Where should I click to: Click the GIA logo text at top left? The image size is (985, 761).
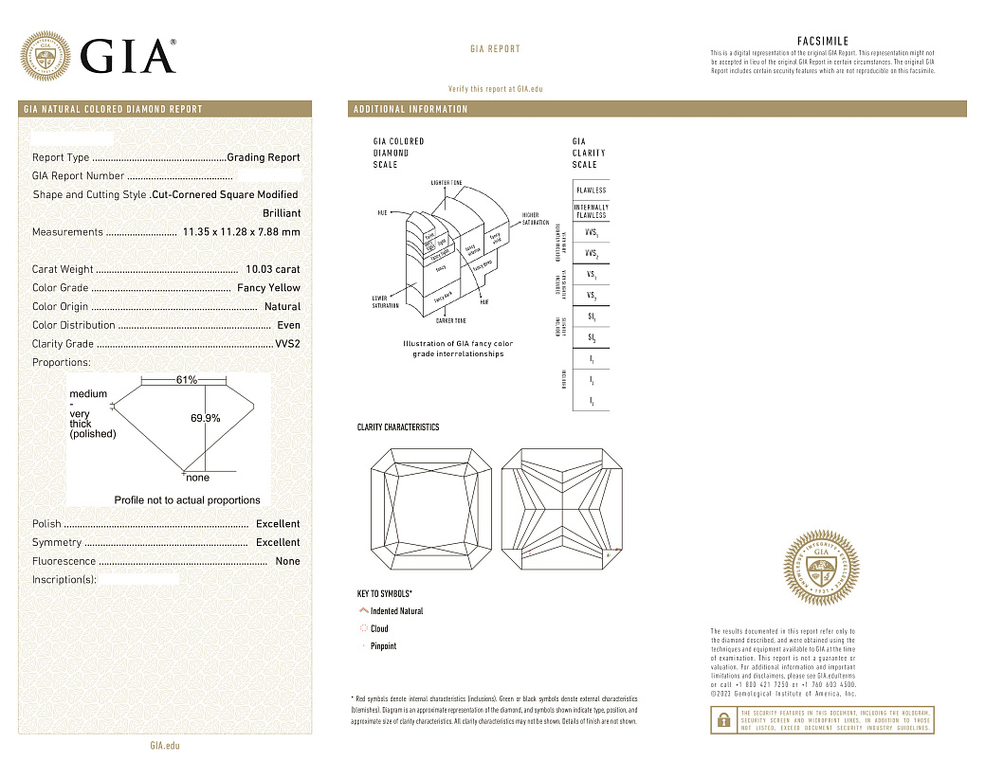(x=128, y=56)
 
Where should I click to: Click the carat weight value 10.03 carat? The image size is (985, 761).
(x=272, y=269)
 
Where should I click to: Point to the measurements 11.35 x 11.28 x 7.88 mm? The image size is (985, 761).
(x=241, y=232)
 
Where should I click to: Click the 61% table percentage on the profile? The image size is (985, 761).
(x=187, y=380)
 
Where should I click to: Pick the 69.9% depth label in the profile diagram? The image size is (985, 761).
(x=205, y=418)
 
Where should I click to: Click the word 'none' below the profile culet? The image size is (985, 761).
(x=197, y=478)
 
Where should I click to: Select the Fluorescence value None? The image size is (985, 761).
(x=287, y=561)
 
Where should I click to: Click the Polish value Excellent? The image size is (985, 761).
(x=278, y=524)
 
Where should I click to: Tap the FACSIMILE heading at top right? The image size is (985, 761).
(x=822, y=42)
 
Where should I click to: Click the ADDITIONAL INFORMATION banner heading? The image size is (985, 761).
(x=410, y=109)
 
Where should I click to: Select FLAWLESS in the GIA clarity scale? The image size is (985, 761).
(x=591, y=190)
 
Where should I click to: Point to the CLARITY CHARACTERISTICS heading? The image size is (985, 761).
(x=397, y=427)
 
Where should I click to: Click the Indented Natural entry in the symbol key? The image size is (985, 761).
(x=396, y=611)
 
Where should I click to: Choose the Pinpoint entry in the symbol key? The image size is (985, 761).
(x=383, y=646)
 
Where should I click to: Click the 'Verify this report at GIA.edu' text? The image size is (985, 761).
(x=495, y=88)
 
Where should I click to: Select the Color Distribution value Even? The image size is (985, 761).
(x=288, y=325)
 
